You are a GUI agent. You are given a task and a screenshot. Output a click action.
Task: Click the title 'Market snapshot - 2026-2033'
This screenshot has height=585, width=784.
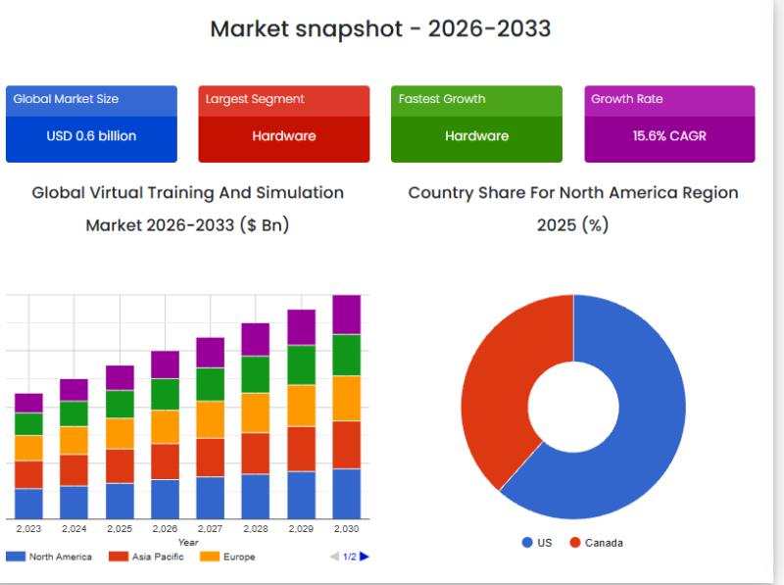[x=380, y=28]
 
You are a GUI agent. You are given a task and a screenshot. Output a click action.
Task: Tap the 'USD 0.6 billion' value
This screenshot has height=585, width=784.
[x=91, y=136]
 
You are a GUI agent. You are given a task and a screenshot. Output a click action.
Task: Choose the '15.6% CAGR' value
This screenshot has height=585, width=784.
[x=669, y=136]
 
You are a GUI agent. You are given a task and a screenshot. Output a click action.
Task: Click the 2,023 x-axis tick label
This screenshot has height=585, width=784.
[x=28, y=529]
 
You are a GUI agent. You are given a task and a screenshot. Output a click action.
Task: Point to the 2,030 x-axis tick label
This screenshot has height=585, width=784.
[x=346, y=529]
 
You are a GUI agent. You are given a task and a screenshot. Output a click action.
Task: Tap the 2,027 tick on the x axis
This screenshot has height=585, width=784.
[x=210, y=529]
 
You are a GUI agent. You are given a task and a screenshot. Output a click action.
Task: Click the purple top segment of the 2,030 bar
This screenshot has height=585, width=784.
[x=346, y=315]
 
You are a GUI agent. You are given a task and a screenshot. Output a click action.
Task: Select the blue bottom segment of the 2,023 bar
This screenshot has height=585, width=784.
[x=28, y=503]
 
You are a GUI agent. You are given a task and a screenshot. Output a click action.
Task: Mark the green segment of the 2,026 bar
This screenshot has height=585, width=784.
[x=165, y=394]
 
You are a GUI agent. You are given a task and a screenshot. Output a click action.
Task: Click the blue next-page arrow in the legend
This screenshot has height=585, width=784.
[x=365, y=557]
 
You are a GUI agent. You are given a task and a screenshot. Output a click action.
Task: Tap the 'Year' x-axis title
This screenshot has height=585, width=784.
[x=188, y=542]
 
